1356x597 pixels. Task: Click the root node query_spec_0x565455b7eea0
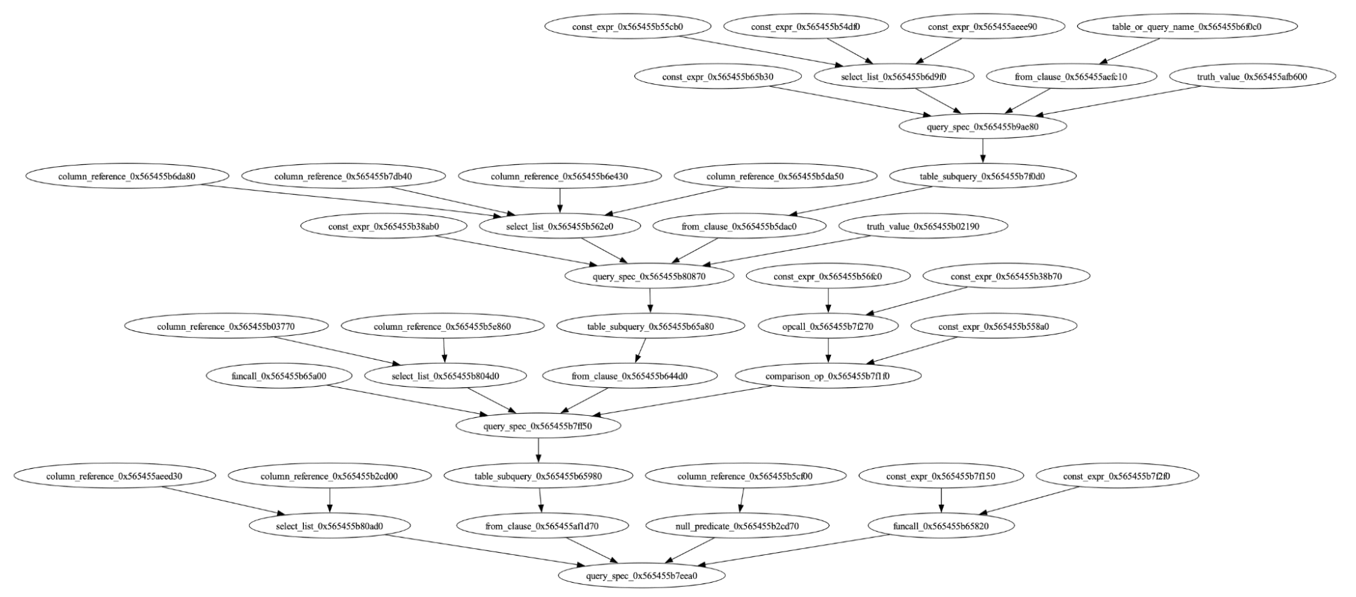tap(641, 576)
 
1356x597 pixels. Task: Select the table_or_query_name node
tap(1186, 27)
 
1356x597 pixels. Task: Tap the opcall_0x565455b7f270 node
tap(828, 326)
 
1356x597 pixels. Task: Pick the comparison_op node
tap(827, 376)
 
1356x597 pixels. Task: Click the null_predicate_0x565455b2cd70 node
tap(737, 526)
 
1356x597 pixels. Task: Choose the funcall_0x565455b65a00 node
tap(278, 376)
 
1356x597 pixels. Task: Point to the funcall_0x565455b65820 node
tap(940, 526)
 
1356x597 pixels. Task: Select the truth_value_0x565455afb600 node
tap(1252, 77)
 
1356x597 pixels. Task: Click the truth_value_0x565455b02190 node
tap(923, 227)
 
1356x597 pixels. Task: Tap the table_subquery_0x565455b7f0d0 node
tap(982, 176)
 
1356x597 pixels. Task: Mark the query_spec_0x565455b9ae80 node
tap(982, 127)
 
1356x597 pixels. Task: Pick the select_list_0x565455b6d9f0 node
tap(893, 77)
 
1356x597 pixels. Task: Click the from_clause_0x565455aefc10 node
tap(1070, 77)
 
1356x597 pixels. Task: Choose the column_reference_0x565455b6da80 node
tap(126, 176)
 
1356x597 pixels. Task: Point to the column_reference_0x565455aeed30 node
tap(114, 476)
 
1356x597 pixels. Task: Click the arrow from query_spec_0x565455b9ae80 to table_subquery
tap(982, 151)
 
